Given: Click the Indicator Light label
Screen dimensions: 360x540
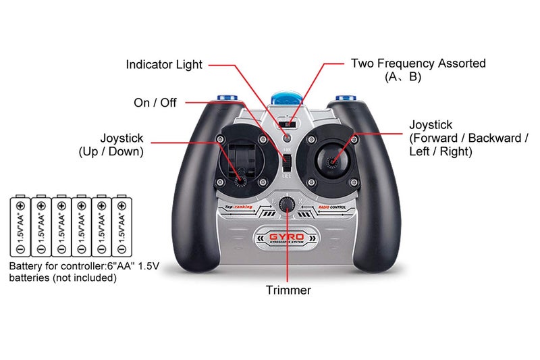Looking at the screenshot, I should [164, 65].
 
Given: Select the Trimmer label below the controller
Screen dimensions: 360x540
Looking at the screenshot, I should [288, 290].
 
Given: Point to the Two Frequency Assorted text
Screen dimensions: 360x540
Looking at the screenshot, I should [418, 63].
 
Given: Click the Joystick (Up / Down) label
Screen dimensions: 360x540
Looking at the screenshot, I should [111, 145].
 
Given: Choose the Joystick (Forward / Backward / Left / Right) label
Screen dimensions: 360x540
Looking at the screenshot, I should [468, 138].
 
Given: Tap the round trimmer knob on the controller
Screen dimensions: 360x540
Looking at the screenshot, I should [288, 204].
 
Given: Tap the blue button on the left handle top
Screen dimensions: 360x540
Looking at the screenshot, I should [226, 100].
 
